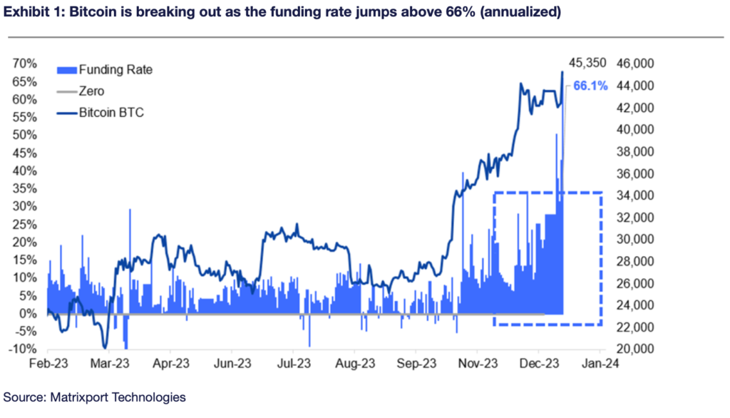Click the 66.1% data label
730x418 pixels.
coord(590,86)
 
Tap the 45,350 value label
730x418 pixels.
coord(587,63)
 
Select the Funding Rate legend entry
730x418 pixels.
coord(115,70)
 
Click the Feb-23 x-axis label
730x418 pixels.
coord(47,362)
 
